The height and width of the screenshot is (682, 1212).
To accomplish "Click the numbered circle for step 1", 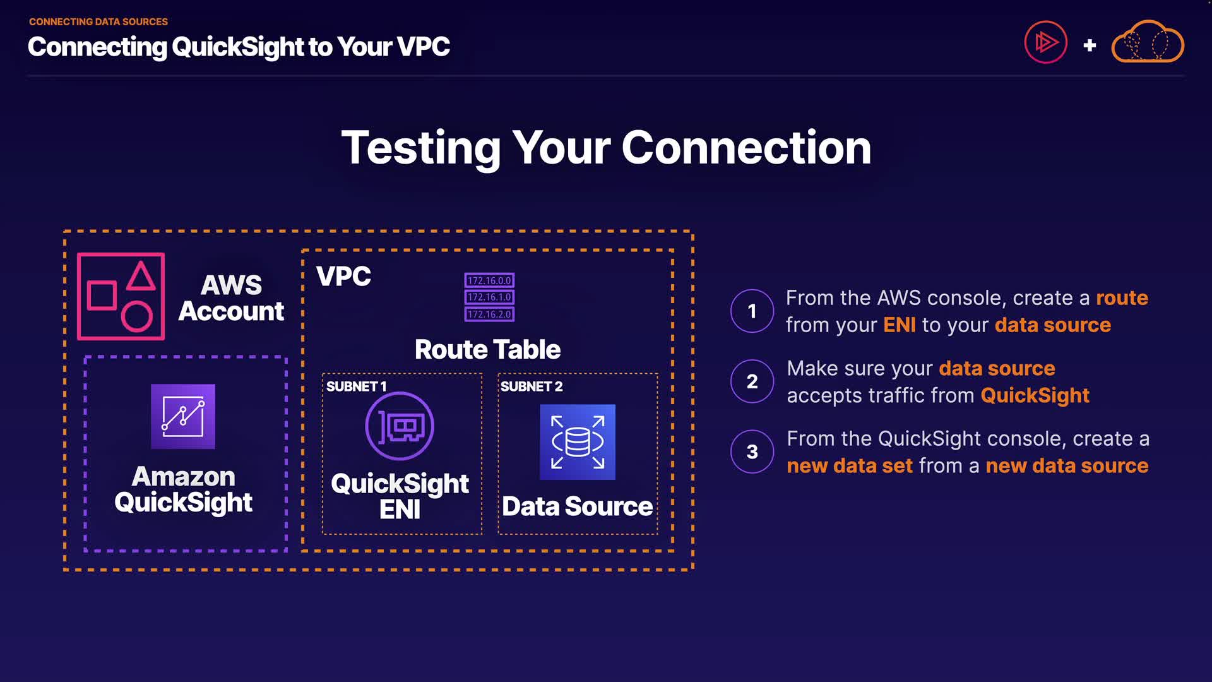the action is [752, 311].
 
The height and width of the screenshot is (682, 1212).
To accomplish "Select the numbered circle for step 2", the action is [752, 381].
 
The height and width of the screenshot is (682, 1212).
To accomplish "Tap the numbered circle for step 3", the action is [752, 452].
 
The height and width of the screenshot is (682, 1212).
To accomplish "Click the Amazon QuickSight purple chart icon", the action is [183, 417].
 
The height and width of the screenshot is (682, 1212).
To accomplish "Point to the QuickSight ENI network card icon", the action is [400, 426].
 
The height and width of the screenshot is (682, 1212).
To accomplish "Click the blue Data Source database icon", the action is [578, 442].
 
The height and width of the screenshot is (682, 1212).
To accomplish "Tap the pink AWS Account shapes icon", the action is [121, 296].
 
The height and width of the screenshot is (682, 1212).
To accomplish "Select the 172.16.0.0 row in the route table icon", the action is [489, 280].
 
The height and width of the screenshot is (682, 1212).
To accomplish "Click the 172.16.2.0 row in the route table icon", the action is [489, 314].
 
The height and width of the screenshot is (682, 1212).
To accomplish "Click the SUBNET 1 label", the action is [356, 386].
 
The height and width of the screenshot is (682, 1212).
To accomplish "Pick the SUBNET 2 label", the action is [531, 386].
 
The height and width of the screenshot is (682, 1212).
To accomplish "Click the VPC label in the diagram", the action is [343, 277].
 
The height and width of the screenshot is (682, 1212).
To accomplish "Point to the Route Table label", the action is [487, 349].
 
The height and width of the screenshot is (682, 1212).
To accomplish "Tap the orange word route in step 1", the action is [1122, 298].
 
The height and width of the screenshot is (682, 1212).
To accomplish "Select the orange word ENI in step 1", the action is [899, 325].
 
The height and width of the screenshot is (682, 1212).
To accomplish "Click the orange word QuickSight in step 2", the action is [1035, 396].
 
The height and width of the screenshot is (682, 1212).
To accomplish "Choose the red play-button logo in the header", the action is [1045, 42].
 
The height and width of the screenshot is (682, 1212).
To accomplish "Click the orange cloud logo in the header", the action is [1147, 42].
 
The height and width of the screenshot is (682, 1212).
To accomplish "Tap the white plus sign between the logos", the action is [1090, 45].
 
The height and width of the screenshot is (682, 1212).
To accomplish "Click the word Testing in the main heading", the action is [420, 148].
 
